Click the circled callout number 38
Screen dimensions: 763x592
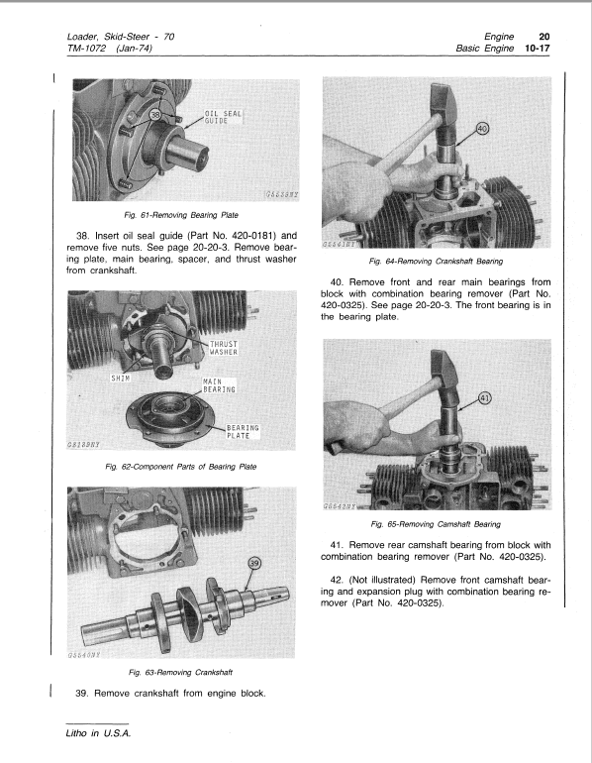click(155, 115)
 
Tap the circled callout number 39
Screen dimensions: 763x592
click(254, 564)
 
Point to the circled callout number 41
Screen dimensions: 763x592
click(484, 398)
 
